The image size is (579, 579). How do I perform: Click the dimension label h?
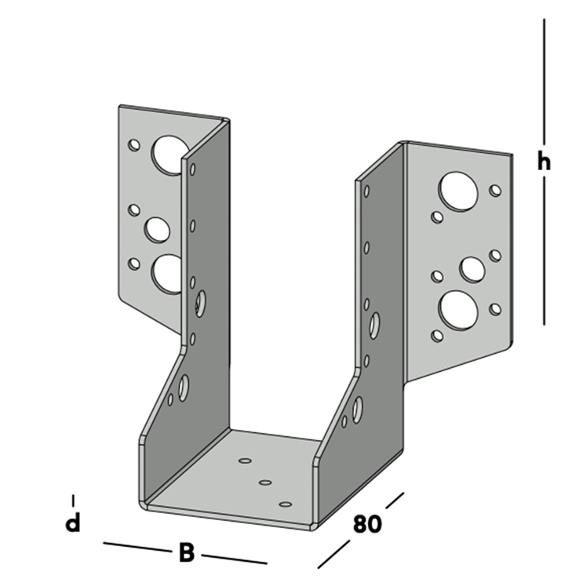(x=544, y=162)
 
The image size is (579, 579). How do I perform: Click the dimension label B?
(x=187, y=552)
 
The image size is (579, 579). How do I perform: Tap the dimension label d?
(x=73, y=523)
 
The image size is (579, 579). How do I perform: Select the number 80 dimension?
(x=367, y=523)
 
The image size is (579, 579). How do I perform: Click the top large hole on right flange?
(x=458, y=191)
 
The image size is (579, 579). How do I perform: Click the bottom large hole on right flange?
(x=458, y=310)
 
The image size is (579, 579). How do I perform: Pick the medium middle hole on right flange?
(x=472, y=270)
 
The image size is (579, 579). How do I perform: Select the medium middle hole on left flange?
(x=157, y=230)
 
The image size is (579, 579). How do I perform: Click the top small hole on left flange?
(x=134, y=144)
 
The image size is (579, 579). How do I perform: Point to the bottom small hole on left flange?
(x=134, y=264)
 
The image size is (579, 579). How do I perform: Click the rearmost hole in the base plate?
(x=246, y=461)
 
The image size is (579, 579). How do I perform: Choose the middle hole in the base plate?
(x=265, y=482)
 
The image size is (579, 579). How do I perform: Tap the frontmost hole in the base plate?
(x=286, y=504)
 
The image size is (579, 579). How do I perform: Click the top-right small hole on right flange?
(x=495, y=191)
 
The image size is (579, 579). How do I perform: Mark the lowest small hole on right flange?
(x=437, y=336)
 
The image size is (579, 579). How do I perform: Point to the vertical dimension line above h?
(x=544, y=82)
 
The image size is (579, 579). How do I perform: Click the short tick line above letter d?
(x=73, y=501)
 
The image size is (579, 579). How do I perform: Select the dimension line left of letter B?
(x=137, y=548)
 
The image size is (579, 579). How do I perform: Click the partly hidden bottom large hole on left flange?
(x=167, y=274)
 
